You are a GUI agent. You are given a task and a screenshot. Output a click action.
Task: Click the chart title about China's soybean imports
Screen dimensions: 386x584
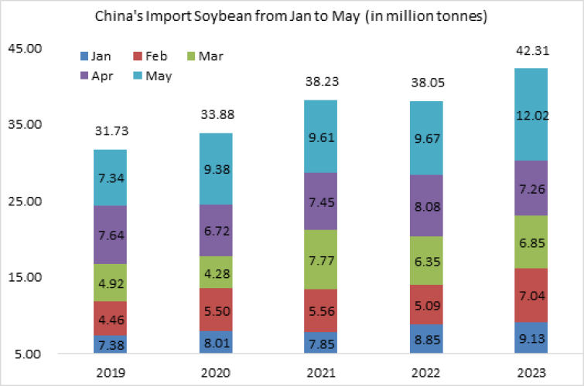point(291,16)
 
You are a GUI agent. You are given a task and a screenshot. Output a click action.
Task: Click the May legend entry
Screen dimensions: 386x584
point(158,76)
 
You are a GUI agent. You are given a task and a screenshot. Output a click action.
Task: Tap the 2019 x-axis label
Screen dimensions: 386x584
point(110,373)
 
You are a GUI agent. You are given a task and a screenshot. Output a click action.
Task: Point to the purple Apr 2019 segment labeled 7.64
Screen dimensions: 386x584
point(110,235)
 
